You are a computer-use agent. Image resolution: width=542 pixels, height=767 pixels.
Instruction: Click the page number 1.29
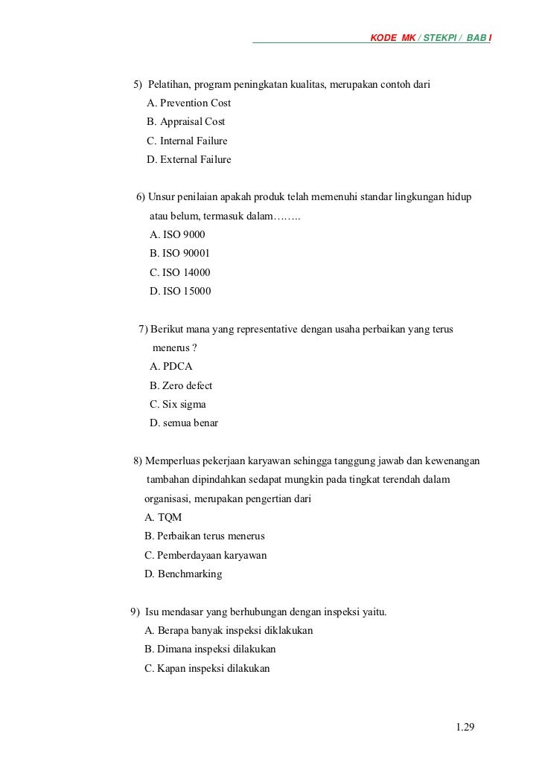point(465,726)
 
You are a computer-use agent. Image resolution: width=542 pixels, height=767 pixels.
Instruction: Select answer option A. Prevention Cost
point(189,103)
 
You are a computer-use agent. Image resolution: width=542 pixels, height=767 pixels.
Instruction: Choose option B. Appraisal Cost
point(186,121)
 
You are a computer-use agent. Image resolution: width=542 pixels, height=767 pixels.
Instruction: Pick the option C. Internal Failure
point(188,141)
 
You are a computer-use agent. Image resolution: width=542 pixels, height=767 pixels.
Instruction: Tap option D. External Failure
point(189,159)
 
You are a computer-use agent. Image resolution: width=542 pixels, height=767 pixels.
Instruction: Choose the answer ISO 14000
point(180,272)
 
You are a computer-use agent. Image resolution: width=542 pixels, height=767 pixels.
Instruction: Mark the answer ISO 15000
point(180,291)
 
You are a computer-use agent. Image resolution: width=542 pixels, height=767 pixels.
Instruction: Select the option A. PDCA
point(171,367)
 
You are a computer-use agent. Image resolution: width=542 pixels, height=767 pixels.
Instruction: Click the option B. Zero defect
point(181,385)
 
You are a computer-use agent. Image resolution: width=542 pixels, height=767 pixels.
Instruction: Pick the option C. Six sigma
point(178,405)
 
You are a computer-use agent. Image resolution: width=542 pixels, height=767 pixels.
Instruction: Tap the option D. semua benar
point(184,423)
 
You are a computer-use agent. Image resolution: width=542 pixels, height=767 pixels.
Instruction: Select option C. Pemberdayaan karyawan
point(205,555)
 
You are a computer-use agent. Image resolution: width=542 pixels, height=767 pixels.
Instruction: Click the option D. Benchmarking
point(183,574)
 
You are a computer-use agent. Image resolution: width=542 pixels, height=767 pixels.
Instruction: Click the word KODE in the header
point(383,37)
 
